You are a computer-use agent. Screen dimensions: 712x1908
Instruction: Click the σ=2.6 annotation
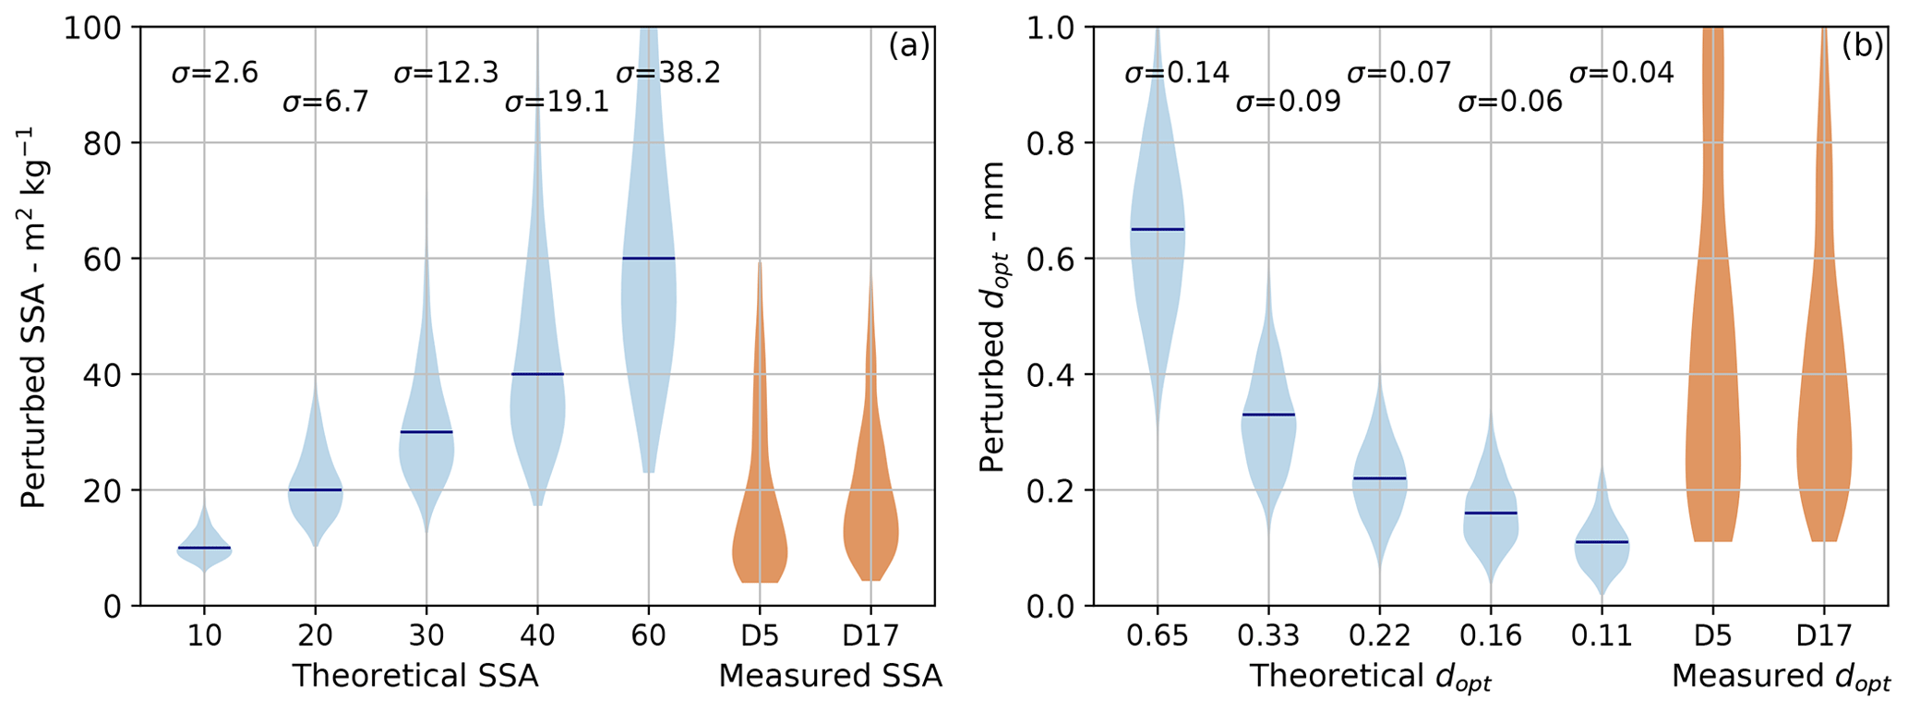click(214, 73)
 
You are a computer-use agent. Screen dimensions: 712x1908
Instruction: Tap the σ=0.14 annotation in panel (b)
click(1176, 73)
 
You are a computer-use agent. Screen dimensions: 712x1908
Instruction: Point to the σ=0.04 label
click(1621, 73)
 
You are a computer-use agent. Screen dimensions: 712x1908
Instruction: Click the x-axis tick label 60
click(648, 636)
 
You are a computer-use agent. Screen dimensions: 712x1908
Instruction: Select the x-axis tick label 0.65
click(1157, 636)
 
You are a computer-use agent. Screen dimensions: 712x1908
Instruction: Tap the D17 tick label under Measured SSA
click(870, 636)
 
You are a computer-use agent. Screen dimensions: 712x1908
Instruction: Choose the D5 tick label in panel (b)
click(1713, 636)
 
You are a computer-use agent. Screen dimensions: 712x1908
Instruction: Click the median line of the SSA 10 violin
click(204, 548)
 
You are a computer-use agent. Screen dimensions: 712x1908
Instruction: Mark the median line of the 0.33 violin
click(1268, 415)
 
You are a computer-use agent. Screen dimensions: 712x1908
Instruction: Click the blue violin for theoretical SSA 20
click(315, 503)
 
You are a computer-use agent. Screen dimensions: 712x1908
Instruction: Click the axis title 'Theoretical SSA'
click(415, 677)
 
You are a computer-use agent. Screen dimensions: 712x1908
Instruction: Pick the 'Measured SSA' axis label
click(830, 677)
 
